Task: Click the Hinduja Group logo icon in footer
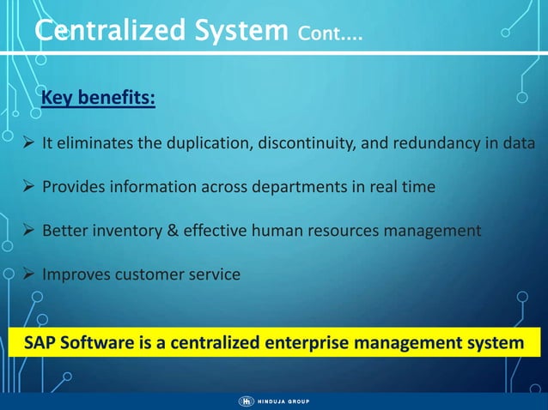click(246, 401)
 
